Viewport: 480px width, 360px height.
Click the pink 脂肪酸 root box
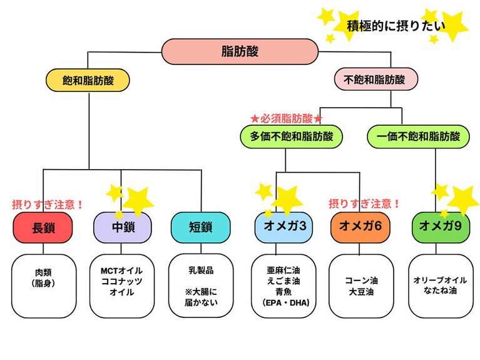[240, 51]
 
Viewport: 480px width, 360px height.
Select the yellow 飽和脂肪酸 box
[88, 80]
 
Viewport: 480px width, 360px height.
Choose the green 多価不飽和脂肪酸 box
[292, 136]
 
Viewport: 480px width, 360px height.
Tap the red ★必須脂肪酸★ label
[287, 118]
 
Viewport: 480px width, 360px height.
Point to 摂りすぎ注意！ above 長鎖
[48, 204]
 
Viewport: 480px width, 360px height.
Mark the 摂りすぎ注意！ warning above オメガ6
[364, 204]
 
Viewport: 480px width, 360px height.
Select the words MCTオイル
[122, 271]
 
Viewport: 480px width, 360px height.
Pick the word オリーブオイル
[439, 281]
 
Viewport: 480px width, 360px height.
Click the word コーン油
[361, 281]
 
